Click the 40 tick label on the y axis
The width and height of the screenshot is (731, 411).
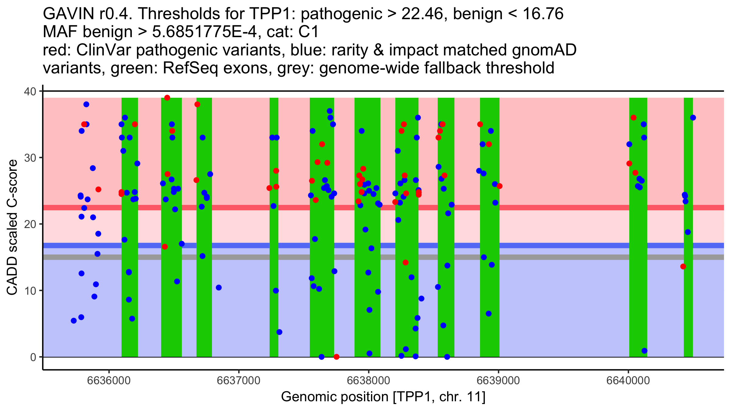tap(30, 91)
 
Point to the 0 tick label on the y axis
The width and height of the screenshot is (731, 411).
tap(33, 357)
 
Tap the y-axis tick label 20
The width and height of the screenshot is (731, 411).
tap(30, 224)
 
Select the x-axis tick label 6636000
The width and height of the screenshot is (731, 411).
tap(109, 381)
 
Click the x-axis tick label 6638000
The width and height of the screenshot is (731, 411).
tap(369, 381)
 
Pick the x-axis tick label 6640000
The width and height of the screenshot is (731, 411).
tap(628, 381)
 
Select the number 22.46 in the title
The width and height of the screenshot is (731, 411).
tap(422, 14)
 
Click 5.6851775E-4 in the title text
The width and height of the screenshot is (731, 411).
tap(204, 32)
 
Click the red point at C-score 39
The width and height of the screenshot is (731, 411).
tap(167, 98)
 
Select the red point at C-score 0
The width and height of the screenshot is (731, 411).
tap(337, 357)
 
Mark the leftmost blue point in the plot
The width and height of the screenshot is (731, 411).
tap(74, 321)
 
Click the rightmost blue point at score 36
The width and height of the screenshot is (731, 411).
tap(693, 118)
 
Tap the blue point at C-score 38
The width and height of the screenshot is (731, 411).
tap(86, 104)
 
